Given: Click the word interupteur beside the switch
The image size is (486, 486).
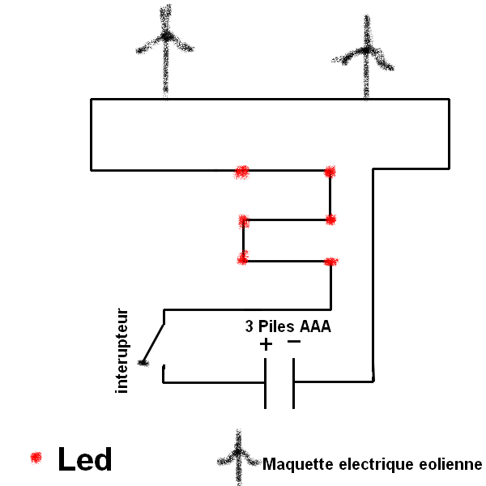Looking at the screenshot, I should coord(123,350).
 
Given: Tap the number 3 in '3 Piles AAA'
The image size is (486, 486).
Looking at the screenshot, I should coord(249,328).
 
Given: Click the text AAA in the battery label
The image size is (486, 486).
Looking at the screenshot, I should coord(315,328).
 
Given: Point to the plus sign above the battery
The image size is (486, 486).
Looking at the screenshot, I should coord(266,345).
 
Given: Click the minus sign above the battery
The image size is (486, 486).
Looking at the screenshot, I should coord(293,343).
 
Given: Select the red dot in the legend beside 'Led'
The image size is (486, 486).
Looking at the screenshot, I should coord(35,458).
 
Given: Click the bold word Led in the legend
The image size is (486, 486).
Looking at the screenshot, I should coord(84,459).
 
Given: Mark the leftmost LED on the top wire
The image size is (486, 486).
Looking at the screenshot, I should coord(241,171).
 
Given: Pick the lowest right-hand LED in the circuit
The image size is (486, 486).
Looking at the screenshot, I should coord(330,262).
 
